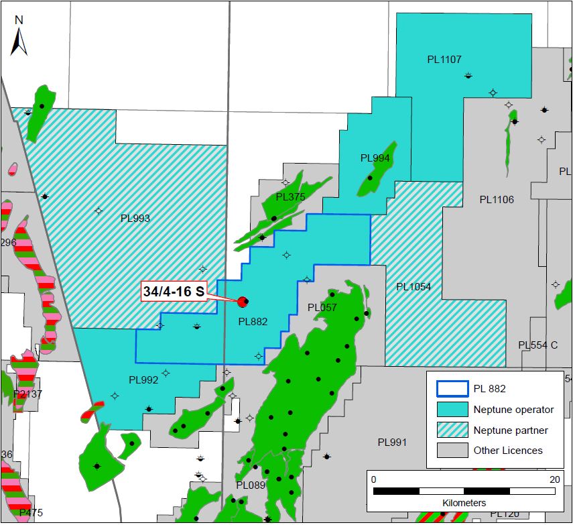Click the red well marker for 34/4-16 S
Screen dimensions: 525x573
pos(242,302)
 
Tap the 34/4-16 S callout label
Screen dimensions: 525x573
pos(174,292)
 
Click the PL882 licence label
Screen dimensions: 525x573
pos(253,322)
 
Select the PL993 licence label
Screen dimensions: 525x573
pos(135,218)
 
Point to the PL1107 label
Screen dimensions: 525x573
pos(444,60)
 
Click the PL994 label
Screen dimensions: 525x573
pos(375,158)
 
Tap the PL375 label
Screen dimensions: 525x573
pos(290,196)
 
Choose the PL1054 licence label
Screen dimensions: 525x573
pos(413,287)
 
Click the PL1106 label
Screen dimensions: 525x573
pos(497,200)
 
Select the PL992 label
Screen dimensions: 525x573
pos(143,380)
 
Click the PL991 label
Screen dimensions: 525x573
pos(392,443)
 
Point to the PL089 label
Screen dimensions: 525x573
pos(251,485)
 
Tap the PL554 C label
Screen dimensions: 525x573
pos(537,345)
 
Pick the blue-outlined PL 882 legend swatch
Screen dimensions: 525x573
pos(451,389)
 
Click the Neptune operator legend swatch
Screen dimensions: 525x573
pos(451,409)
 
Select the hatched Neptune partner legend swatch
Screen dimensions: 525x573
pos(451,430)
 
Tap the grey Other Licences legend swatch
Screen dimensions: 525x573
pos(451,450)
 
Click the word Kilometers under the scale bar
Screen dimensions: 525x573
pos(464,502)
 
